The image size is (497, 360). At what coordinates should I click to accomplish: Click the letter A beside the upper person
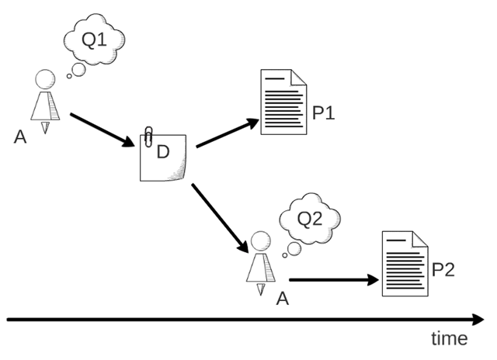(20, 137)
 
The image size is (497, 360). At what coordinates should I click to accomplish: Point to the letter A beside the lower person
(283, 298)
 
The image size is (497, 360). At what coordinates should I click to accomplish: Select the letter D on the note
(162, 152)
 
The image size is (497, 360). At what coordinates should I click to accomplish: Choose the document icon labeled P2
(405, 264)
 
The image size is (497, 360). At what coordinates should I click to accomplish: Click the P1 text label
(323, 113)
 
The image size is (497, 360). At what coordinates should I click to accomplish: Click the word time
(449, 339)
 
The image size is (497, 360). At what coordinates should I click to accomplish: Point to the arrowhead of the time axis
(476, 319)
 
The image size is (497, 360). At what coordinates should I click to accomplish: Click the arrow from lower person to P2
(334, 279)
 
